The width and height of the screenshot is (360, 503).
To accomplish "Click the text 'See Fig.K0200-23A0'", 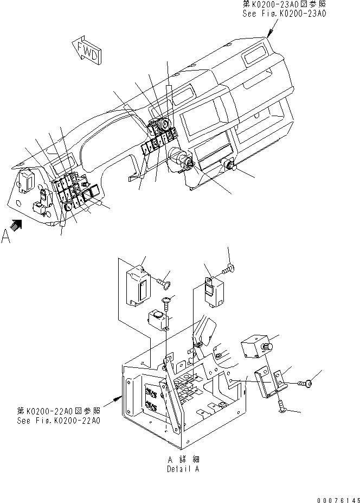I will (284, 14).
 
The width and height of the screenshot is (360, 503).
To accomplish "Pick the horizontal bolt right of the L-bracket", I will (306, 384).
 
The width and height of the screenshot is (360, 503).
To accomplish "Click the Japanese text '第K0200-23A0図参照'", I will (284, 4).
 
